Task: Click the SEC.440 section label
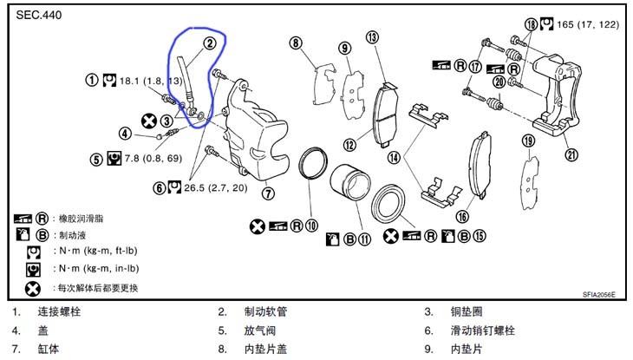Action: tap(39, 16)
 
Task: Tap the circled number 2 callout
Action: tap(210, 43)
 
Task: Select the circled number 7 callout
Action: tap(268, 193)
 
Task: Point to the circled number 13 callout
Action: tap(372, 37)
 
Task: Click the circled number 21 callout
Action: tap(571, 154)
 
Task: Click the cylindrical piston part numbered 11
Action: tap(350, 183)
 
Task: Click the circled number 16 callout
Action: tap(462, 217)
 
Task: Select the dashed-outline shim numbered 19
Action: tap(531, 183)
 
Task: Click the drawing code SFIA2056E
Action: tap(598, 295)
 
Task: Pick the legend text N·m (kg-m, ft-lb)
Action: tap(96, 251)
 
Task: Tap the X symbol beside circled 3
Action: tap(149, 121)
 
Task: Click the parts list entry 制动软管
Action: tap(265, 311)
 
